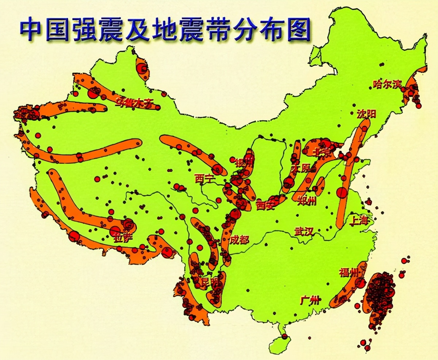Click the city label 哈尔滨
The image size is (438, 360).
pos(387,84)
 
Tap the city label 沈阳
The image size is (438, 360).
pos(366,114)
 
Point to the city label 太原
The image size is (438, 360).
pos(301,168)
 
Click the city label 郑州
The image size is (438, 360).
pos(307,200)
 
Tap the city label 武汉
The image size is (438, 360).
pos(304,231)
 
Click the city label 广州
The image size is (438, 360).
pos(310,300)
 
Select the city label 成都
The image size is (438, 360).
pos(239,240)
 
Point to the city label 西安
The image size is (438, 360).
pos(265,206)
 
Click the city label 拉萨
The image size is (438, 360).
pos(123,237)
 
